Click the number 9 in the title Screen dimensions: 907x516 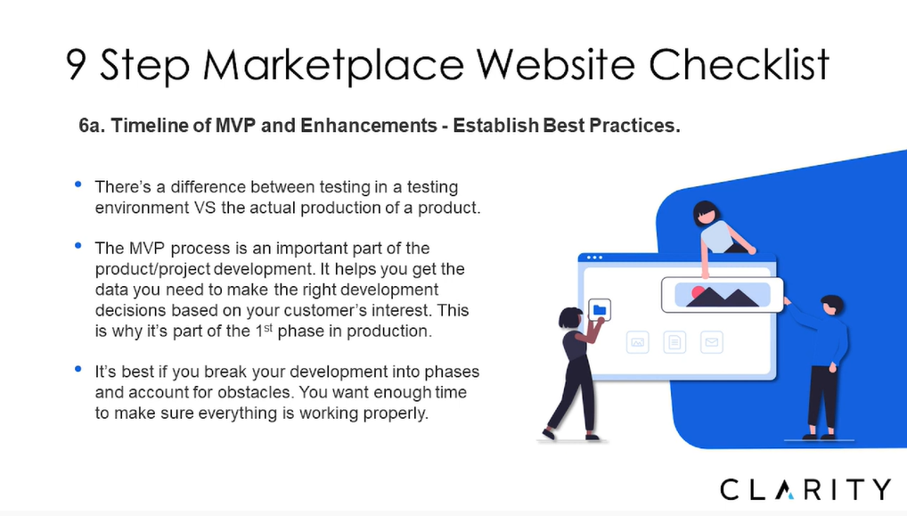77,63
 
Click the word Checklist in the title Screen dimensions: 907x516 739,63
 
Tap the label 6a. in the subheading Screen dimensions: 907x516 92,126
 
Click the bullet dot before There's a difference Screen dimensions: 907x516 78,184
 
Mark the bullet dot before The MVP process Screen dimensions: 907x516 78,246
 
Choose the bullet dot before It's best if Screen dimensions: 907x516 78,369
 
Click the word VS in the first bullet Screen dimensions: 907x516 205,208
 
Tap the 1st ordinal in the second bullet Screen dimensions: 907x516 264,331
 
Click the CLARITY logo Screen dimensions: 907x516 805,489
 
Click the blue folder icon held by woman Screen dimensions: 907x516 600,310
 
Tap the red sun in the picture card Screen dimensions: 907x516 699,292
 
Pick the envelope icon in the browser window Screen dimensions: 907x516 712,342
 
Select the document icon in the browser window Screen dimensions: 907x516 674,342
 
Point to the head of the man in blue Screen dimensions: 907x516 832,304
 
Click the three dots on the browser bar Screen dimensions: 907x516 594,258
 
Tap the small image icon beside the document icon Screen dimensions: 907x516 637,342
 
